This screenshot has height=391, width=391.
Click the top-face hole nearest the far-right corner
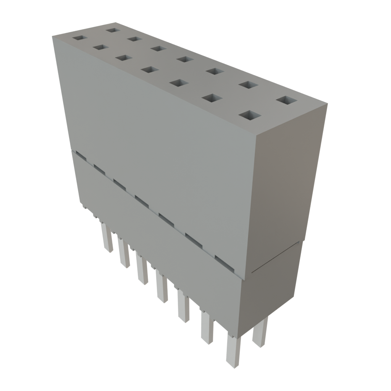[286, 100]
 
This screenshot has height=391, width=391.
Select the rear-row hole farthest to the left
[112, 30]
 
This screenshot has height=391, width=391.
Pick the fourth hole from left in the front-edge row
[149, 70]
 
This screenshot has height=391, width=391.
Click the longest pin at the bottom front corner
[233, 351]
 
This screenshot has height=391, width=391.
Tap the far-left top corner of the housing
[52, 35]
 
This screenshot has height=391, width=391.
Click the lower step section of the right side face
[271, 290]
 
